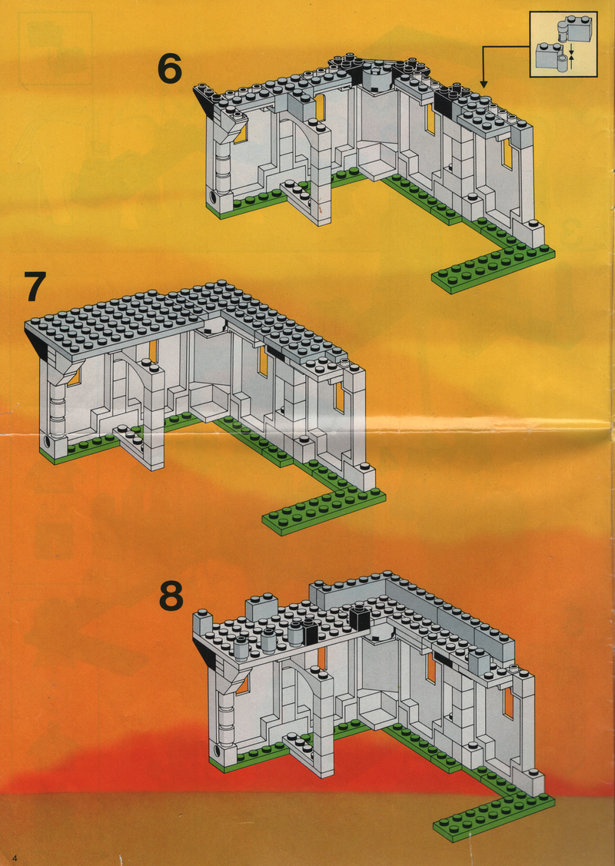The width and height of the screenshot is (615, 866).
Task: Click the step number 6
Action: point(169,69)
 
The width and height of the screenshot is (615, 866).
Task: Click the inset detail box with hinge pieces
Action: point(563,45)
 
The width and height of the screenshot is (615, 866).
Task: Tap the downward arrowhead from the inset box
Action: point(484,84)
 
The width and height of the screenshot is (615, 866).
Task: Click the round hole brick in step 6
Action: point(214,196)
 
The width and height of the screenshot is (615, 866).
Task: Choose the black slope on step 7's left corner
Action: point(38,343)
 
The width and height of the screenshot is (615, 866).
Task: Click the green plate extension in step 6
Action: point(493,264)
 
